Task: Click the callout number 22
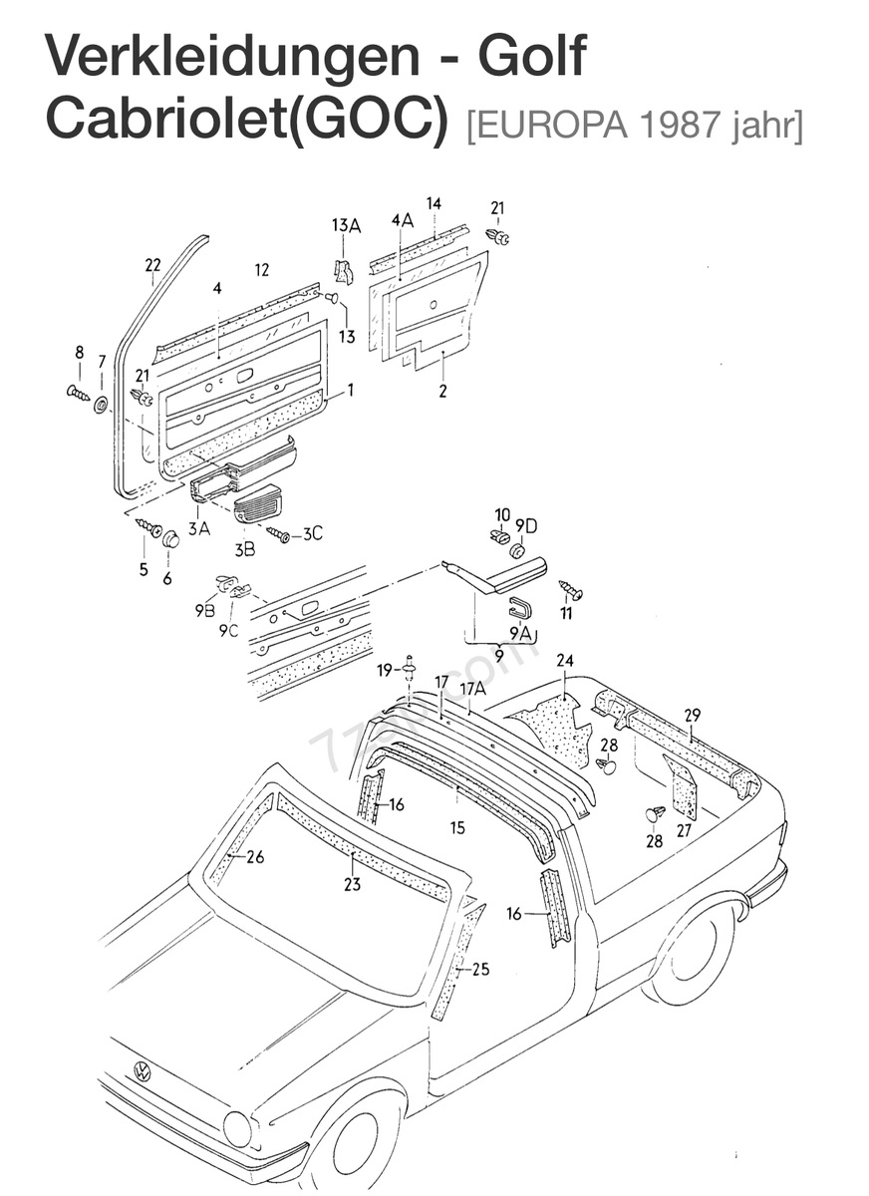(152, 265)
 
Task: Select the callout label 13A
(346, 225)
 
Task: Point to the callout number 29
(693, 715)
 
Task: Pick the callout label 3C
(312, 533)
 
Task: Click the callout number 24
(565, 661)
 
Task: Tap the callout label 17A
(472, 688)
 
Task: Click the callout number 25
(480, 969)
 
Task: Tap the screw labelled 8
(78, 392)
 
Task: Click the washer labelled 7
(102, 405)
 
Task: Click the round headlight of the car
(237, 1128)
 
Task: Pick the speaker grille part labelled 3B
(258, 503)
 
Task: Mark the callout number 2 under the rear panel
(442, 392)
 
